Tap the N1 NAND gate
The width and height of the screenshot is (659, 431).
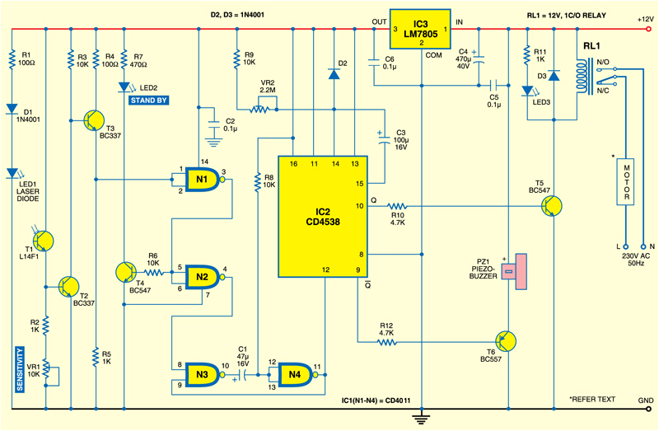tap(203, 180)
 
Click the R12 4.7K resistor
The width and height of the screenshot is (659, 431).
tap(388, 341)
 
